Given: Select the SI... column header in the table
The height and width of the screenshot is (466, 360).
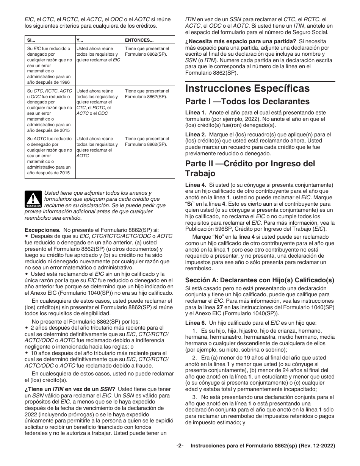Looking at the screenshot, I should point(30,39).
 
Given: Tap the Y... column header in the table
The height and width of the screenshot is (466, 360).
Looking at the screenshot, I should point(80,39).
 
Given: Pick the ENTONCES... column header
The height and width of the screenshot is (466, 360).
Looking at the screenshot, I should point(139,39).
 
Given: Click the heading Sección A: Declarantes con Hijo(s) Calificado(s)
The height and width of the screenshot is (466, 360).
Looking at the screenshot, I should point(260,280).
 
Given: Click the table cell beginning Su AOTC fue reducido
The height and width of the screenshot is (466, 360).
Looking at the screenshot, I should point(50,155).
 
